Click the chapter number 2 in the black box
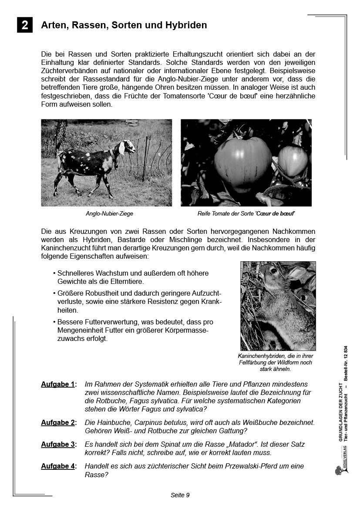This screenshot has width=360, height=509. pyautogui.click(x=25, y=25)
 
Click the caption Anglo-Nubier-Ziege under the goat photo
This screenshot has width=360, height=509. pyautogui.click(x=109, y=214)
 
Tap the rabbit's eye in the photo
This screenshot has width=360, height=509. pyautogui.click(x=274, y=271)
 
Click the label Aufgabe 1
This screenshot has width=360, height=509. pyautogui.click(x=58, y=384)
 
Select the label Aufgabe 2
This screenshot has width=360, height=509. pyautogui.click(x=58, y=423)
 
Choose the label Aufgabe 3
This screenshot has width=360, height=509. pyautogui.click(x=58, y=445)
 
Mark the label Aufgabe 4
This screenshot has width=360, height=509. pyautogui.click(x=58, y=466)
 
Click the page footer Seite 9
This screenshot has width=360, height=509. pyautogui.click(x=180, y=495)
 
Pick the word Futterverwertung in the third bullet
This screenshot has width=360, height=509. pyautogui.click(x=107, y=322)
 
